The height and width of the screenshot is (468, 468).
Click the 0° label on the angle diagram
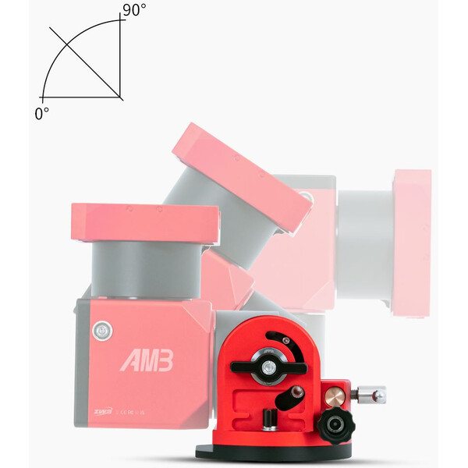(x=41, y=113)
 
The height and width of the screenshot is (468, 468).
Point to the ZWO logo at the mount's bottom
(x=101, y=413)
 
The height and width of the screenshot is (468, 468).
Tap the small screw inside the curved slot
(x=285, y=340)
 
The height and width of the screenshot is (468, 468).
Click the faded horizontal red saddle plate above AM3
(x=144, y=222)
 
